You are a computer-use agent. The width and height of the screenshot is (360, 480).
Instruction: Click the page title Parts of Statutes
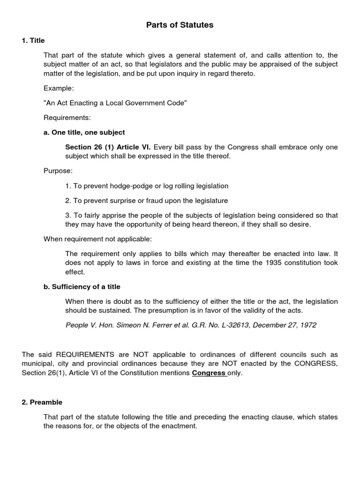(x=180, y=25)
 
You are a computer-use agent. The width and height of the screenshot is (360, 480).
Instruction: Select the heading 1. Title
(x=33, y=40)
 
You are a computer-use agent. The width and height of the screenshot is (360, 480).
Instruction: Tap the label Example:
(x=59, y=88)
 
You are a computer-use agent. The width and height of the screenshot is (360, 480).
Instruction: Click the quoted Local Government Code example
(x=115, y=103)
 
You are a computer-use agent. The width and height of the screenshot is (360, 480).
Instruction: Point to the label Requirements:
(x=67, y=117)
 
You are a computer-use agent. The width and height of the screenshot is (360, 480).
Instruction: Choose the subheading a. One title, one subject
(x=84, y=132)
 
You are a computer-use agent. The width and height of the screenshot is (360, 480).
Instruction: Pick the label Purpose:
(x=58, y=171)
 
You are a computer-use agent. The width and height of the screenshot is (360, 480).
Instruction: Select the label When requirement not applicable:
(x=98, y=239)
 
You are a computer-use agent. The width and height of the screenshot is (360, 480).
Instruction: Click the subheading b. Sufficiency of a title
(x=82, y=286)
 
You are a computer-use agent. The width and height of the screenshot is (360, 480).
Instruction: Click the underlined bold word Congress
(x=209, y=373)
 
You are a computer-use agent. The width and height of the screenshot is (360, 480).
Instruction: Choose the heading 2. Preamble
(x=42, y=402)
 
